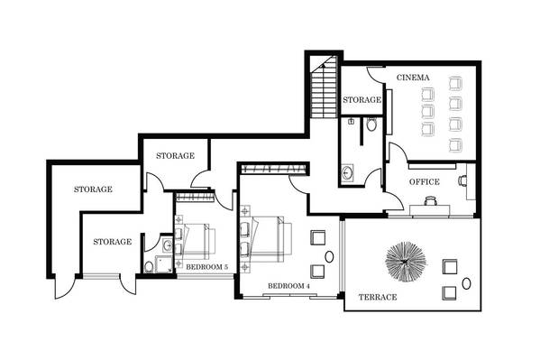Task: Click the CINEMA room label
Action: click(413, 78)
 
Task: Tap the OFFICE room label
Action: click(425, 181)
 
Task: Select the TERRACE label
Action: click(378, 297)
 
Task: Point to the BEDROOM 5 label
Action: click(207, 267)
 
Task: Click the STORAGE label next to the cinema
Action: click(362, 99)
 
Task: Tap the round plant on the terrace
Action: click(406, 262)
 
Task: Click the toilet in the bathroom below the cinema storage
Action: click(371, 125)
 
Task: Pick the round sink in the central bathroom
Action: click(347, 172)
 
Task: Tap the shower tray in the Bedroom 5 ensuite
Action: click(163, 264)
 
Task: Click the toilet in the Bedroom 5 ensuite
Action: click(149, 267)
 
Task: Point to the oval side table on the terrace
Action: click(466, 283)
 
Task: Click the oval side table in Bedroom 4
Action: click(329, 256)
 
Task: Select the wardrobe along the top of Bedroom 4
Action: click(274, 169)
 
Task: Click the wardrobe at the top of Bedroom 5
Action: click(196, 198)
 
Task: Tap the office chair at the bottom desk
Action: click(431, 200)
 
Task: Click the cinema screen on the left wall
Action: click(389, 112)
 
